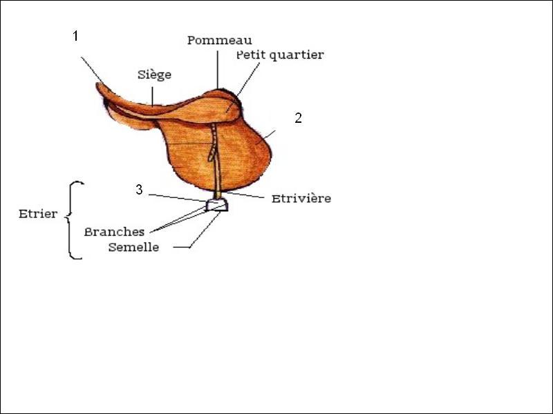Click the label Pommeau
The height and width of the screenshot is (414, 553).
pyautogui.click(x=219, y=40)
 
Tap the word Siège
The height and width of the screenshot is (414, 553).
pyautogui.click(x=154, y=75)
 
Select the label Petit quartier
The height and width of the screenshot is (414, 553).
pyautogui.click(x=280, y=55)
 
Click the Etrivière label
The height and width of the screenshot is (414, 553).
pyautogui.click(x=301, y=198)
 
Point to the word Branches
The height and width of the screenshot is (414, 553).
pyautogui.click(x=114, y=232)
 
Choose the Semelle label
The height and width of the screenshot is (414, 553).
pyautogui.click(x=133, y=247)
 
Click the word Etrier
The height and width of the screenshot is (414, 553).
pyautogui.click(x=38, y=214)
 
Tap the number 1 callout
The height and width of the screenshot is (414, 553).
pyautogui.click(x=75, y=36)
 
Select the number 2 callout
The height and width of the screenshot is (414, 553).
pyautogui.click(x=299, y=118)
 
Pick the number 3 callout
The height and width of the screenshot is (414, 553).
pyautogui.click(x=140, y=190)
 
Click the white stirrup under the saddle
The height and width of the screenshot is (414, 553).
pyautogui.click(x=216, y=205)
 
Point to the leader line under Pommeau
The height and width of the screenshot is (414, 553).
pyautogui.click(x=218, y=70)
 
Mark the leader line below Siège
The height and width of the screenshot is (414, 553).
pyautogui.click(x=152, y=96)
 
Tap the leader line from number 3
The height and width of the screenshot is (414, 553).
pyautogui.click(x=177, y=198)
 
